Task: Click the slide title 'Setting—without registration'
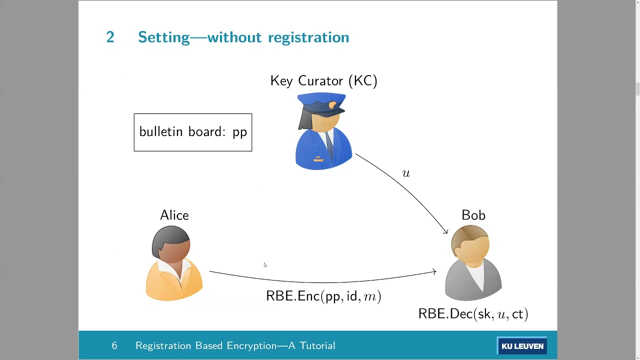coord(243,37)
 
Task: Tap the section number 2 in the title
coord(110,37)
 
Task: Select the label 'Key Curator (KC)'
coord(323,81)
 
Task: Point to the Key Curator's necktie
coord(330,145)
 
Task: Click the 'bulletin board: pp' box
coord(193,132)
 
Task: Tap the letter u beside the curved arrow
coord(406,173)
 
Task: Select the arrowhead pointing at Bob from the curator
coord(445,231)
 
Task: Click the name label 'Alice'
coord(174,215)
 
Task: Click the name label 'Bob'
coord(473,215)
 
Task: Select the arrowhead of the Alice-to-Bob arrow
coord(434,272)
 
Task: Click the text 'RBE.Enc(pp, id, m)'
coord(323,296)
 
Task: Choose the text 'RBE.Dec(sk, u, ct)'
coord(473,314)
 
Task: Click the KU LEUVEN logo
coord(522,346)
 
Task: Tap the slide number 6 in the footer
coord(114,346)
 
